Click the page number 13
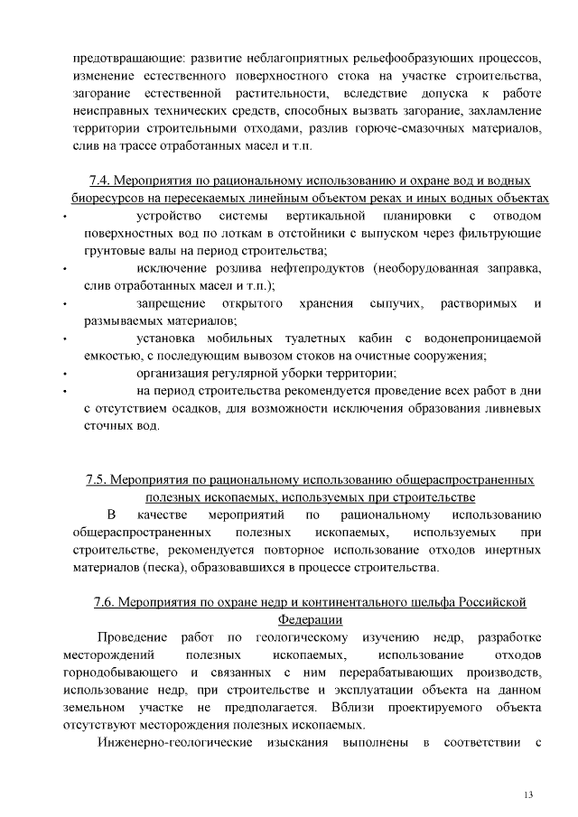coord(528,794)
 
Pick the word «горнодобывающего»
coord(121,672)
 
